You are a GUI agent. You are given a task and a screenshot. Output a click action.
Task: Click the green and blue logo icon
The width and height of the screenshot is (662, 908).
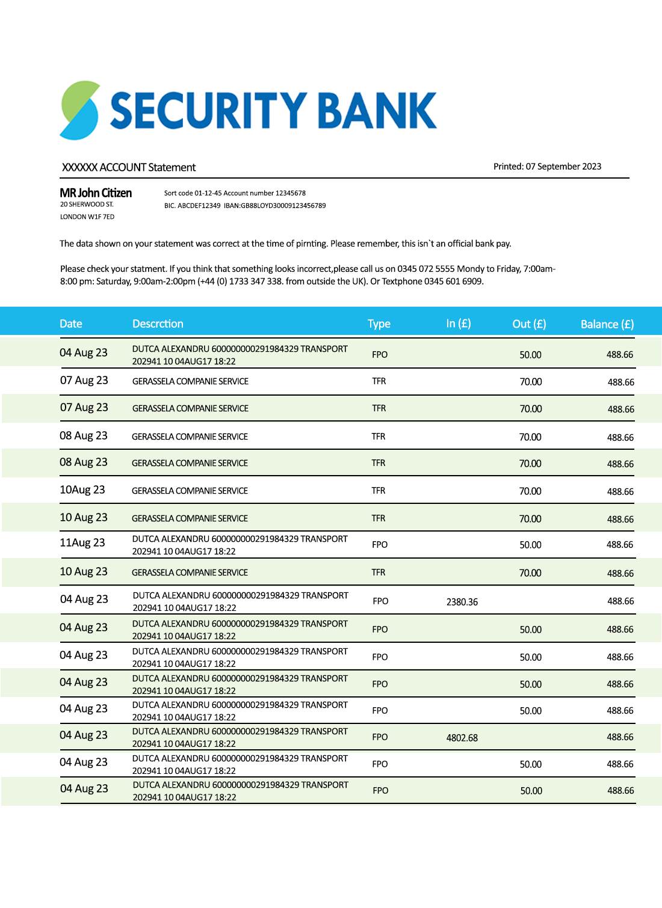(79, 111)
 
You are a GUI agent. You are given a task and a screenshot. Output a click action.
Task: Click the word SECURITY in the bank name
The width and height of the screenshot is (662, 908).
(208, 111)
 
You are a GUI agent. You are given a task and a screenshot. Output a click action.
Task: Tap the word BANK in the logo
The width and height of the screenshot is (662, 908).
(377, 111)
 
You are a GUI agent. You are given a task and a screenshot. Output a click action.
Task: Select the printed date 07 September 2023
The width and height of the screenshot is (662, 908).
(563, 167)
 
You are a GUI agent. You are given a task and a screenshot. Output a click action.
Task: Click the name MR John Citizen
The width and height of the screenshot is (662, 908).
(96, 193)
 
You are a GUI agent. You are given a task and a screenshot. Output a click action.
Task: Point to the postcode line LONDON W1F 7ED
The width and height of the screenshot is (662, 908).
(87, 217)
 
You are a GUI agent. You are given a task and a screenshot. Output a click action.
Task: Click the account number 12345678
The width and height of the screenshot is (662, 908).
(291, 193)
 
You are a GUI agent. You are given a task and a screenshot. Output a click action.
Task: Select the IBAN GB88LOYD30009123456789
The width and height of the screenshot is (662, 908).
(283, 206)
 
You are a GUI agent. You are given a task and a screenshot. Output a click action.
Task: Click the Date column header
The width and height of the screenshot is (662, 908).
(70, 324)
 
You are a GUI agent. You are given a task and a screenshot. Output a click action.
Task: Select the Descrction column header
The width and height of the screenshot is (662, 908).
(158, 324)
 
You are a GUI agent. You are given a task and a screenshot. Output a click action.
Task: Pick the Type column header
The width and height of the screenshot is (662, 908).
(379, 324)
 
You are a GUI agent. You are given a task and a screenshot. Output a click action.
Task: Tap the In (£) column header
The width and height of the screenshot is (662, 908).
(459, 324)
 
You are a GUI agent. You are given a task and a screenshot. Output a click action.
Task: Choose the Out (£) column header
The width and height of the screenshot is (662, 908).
(529, 324)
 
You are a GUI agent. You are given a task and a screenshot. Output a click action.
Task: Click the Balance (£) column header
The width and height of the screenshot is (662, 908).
(607, 324)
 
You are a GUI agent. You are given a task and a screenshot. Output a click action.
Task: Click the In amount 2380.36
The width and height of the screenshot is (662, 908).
(462, 602)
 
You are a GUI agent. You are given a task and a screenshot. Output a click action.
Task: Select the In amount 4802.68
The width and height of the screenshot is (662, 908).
(462, 738)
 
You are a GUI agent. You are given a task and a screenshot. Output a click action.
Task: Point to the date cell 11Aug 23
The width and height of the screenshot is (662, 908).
(82, 543)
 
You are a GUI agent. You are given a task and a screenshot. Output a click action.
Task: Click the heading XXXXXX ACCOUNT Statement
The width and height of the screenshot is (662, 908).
(129, 167)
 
